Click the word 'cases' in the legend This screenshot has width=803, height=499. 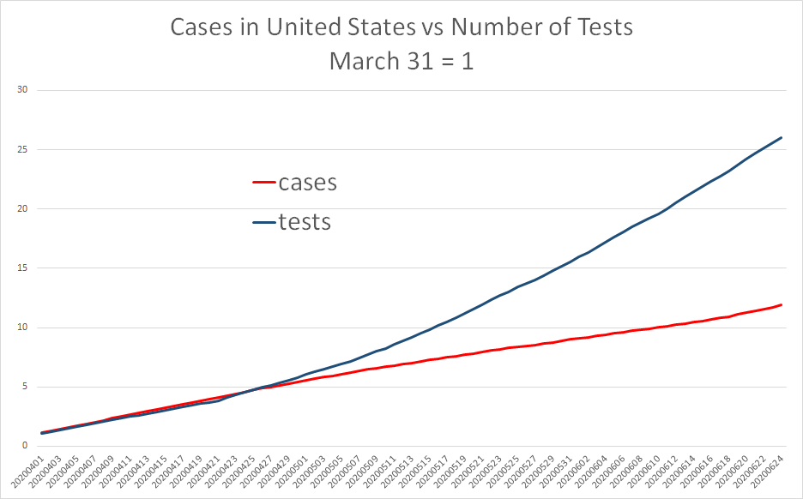(307, 183)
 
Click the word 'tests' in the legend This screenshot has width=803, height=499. (305, 221)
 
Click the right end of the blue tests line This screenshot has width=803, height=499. (781, 138)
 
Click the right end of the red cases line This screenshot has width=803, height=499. (781, 304)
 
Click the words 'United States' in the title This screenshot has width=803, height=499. (317, 27)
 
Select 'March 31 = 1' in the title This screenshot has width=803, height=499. (401, 62)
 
